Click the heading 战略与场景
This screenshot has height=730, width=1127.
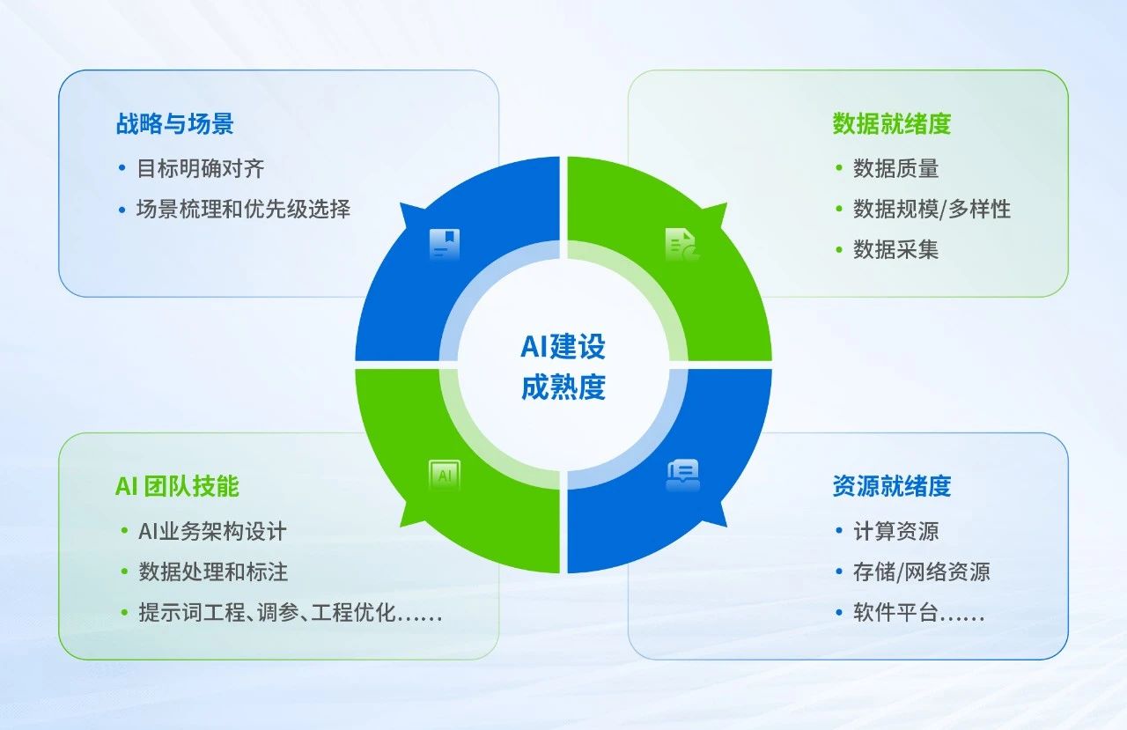tap(174, 123)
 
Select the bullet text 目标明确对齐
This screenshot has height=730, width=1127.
tap(201, 168)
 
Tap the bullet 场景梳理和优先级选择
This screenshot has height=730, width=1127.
tap(243, 209)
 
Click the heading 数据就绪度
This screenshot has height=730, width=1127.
tap(891, 123)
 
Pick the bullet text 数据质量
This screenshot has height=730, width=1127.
tap(895, 168)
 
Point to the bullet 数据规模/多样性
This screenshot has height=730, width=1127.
tap(932, 209)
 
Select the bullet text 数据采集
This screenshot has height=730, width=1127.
tap(895, 249)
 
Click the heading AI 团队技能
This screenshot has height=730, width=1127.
tap(177, 486)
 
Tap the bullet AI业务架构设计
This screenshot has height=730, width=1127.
tap(212, 531)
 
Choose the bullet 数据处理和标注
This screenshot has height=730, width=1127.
tap(212, 571)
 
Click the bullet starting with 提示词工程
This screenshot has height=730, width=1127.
tap(290, 612)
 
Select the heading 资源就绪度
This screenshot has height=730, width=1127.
tap(891, 486)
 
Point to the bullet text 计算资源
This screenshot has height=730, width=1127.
tap(895, 531)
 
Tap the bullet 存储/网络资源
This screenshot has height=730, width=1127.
tap(921, 571)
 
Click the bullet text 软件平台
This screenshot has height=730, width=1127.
tap(918, 612)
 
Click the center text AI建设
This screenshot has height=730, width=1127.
tap(563, 346)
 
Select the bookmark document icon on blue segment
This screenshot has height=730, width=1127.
tap(445, 244)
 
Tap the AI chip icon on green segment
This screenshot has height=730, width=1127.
tap(445, 476)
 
